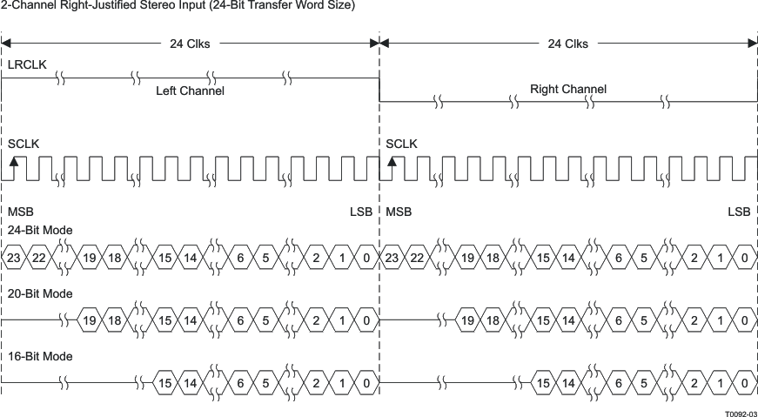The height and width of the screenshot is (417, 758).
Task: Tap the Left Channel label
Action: (x=190, y=91)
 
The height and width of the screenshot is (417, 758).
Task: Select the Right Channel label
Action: (x=568, y=89)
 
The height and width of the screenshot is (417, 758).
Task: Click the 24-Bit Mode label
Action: (x=40, y=231)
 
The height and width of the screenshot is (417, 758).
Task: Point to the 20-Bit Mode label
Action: (x=40, y=293)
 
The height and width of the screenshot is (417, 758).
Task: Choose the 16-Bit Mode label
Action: (x=40, y=356)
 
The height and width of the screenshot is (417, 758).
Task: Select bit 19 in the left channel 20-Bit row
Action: (x=90, y=320)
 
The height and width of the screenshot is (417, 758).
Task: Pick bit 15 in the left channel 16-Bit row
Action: (x=164, y=383)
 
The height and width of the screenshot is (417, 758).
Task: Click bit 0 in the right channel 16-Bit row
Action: (x=745, y=383)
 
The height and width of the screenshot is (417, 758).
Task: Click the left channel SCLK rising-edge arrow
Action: (x=13, y=163)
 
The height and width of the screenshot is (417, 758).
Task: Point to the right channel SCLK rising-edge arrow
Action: (x=392, y=163)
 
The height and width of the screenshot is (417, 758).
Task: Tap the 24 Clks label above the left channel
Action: (x=189, y=44)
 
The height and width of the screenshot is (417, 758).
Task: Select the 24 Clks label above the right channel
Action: (x=567, y=44)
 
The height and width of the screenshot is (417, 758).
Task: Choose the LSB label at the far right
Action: (x=739, y=212)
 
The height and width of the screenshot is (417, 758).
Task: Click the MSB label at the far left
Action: (x=20, y=212)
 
